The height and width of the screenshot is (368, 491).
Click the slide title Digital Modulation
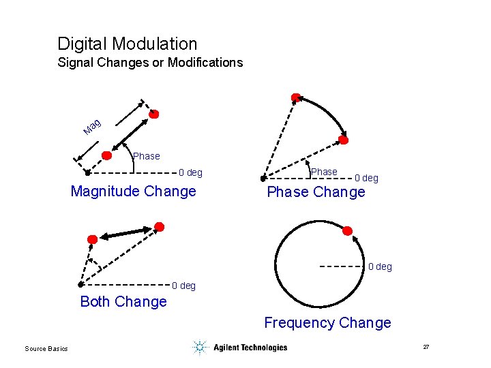click(128, 44)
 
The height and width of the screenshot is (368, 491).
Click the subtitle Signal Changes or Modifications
click(150, 63)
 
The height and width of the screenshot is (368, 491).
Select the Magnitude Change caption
click(133, 191)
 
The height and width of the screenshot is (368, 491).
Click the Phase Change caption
click(316, 192)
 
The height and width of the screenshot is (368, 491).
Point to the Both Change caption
click(123, 301)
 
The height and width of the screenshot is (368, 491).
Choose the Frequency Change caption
click(327, 323)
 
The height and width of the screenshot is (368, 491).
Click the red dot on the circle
click(347, 231)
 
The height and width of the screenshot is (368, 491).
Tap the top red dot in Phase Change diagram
click(295, 98)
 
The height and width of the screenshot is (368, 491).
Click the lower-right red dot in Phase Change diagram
click(344, 140)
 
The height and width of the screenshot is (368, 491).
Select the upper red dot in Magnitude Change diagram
click(154, 114)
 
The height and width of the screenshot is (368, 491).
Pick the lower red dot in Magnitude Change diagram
click(106, 155)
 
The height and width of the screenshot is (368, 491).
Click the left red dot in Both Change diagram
click(93, 239)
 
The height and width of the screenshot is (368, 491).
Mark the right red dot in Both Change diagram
click(159, 226)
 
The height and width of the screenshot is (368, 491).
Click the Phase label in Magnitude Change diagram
click(147, 156)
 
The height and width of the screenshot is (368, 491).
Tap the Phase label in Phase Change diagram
click(324, 172)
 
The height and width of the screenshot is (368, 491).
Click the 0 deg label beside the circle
click(380, 266)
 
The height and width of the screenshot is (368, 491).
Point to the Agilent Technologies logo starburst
click(199, 348)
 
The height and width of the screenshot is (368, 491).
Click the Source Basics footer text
click(46, 349)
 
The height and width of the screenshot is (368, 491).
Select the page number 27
click(426, 348)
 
